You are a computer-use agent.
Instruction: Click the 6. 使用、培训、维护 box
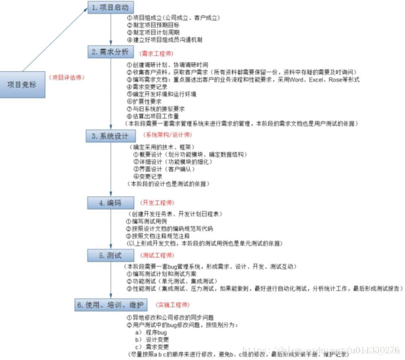pos(111,305)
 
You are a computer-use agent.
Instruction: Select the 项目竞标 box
pos(22,84)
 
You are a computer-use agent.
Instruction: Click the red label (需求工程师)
pos(156,53)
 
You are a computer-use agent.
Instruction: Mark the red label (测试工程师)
pos(157,255)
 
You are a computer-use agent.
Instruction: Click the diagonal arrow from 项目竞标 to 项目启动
pos(54,39)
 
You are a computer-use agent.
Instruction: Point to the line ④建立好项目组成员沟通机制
pos(164,39)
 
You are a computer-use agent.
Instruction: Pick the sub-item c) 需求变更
pos(154,347)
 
